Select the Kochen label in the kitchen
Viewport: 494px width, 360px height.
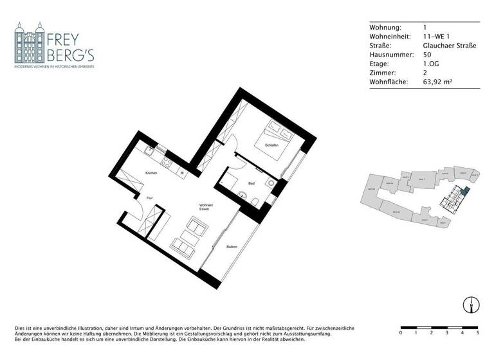click(x=151, y=174)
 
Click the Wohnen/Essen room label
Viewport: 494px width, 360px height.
click(x=206, y=206)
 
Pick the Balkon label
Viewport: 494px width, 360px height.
click(x=232, y=247)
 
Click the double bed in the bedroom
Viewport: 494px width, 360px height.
click(x=277, y=137)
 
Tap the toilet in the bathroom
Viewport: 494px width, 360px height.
click(x=256, y=203)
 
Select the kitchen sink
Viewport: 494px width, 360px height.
click(x=149, y=152)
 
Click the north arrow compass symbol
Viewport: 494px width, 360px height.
click(x=470, y=305)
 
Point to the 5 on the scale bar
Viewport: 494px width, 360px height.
click(x=477, y=333)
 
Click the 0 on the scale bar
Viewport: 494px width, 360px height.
click(x=401, y=333)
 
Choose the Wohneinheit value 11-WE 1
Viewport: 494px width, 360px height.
click(x=435, y=37)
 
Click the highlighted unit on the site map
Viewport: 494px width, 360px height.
click(x=465, y=191)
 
